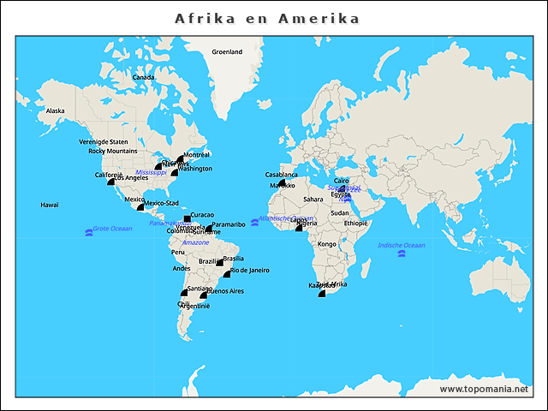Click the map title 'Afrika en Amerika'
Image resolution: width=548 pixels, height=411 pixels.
(x=267, y=18)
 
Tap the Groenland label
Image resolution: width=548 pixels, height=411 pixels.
(x=227, y=52)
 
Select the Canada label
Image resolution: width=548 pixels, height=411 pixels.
(x=143, y=78)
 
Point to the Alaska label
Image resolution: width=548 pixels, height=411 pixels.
(x=55, y=111)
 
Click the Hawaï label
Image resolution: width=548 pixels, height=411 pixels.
(x=50, y=205)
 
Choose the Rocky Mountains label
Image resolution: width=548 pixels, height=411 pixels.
(x=113, y=152)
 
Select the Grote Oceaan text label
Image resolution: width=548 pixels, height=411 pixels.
(x=112, y=229)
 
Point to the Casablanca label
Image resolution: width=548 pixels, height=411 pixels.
(x=282, y=175)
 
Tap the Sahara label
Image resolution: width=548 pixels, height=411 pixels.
(x=313, y=200)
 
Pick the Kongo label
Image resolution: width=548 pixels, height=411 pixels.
(x=327, y=244)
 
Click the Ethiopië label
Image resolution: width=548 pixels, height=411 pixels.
(x=355, y=223)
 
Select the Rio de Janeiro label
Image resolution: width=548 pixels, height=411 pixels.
(x=250, y=271)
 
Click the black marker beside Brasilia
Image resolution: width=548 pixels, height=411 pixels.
(x=219, y=262)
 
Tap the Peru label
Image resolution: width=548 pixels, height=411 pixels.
(x=178, y=253)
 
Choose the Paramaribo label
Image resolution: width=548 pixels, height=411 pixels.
(x=229, y=224)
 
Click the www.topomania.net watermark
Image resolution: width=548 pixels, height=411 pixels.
(x=484, y=389)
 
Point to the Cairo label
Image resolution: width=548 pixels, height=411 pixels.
(x=342, y=181)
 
